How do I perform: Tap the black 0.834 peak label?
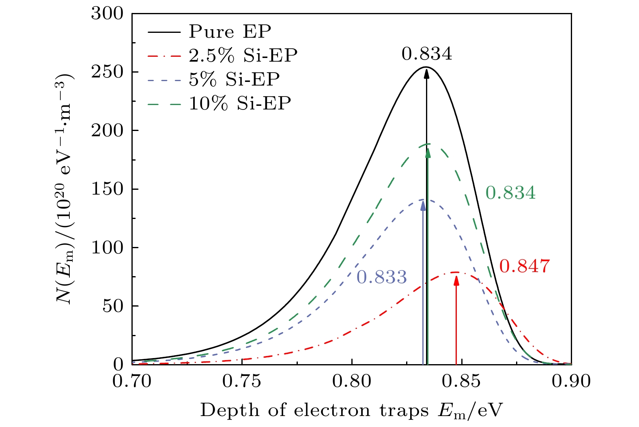[426, 54]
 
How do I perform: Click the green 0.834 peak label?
[510, 193]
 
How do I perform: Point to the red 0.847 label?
[524, 266]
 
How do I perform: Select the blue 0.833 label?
[381, 277]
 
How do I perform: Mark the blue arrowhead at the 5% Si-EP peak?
[423, 205]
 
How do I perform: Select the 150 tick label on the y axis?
[107, 189]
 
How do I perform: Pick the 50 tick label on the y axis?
[112, 306]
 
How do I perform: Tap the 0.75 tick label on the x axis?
[242, 382]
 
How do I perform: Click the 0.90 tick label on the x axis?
[571, 382]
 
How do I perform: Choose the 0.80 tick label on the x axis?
[352, 382]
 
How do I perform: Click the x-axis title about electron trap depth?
[351, 411]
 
